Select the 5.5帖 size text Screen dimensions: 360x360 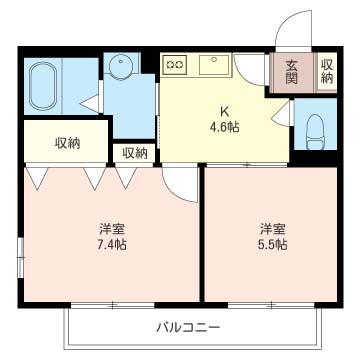click(273, 244)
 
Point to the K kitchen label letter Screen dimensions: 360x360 click(225, 110)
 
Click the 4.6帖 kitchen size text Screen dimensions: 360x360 click(225, 127)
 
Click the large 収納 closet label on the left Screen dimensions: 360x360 click(67, 142)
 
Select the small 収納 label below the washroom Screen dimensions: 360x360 click(135, 153)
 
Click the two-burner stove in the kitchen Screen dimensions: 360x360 click(175, 65)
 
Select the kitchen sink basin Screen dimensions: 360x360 click(214, 65)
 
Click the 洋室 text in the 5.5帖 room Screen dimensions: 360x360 click(273, 227)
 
